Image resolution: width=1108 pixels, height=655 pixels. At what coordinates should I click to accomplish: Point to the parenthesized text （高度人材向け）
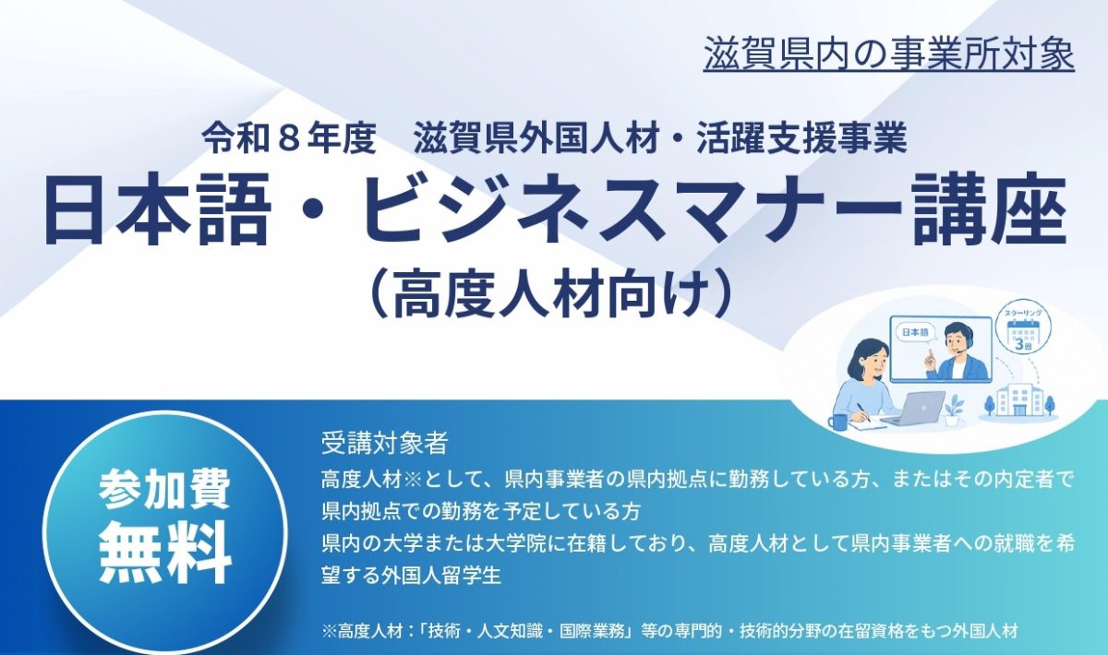point(549,297)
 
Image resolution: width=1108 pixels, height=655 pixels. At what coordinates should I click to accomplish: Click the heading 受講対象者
point(384,443)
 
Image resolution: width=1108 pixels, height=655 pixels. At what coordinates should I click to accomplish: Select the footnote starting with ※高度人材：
point(669,631)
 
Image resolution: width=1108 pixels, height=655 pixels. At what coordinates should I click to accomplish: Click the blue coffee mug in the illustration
point(837,422)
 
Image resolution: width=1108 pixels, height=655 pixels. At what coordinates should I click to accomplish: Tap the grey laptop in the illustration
point(911,409)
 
